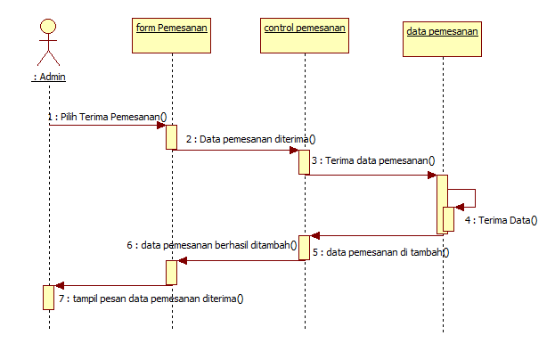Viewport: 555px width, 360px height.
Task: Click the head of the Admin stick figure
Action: point(49,26)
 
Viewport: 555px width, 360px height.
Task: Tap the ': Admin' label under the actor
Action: point(49,77)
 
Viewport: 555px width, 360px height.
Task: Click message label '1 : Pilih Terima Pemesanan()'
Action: point(108,116)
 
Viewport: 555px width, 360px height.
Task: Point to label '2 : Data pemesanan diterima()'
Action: point(251,139)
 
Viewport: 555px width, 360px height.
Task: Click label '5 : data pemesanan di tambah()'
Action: point(387,252)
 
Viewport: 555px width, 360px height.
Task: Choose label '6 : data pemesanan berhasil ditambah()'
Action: point(210,242)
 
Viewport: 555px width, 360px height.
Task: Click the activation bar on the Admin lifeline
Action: point(49,297)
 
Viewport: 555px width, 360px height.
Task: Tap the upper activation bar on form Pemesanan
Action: point(172,136)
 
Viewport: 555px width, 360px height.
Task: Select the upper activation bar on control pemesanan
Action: point(305,162)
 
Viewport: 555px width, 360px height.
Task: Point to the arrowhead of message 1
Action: point(161,125)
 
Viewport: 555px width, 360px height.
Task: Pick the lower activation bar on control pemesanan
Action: point(305,248)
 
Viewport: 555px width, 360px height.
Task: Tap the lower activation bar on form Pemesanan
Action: point(172,273)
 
